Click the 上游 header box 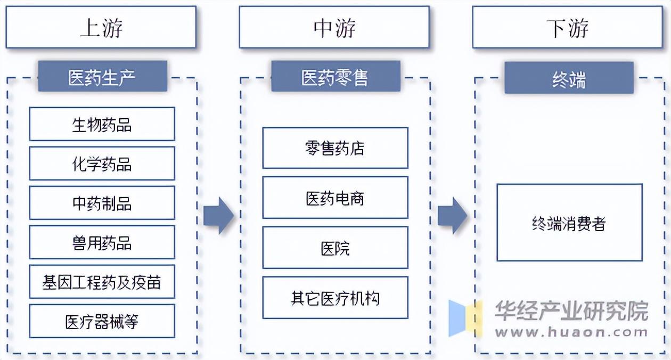coord(101,28)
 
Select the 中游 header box coord(334,28)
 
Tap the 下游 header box coord(568,28)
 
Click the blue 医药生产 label coord(102,77)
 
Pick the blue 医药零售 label coord(335,77)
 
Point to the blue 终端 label coord(569,78)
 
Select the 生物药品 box coord(102,124)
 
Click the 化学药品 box coord(102,163)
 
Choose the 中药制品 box coord(102,203)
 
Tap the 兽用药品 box coord(102,242)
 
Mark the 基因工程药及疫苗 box coord(102,282)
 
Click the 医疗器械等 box coord(102,321)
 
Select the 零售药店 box coord(335,148)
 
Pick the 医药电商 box coord(335,198)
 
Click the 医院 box coord(335,248)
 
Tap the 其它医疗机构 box coord(335,298)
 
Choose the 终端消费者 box coord(569,223)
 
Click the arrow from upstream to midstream coord(218,215)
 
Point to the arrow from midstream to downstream coord(452,215)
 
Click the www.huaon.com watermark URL coord(571,332)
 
